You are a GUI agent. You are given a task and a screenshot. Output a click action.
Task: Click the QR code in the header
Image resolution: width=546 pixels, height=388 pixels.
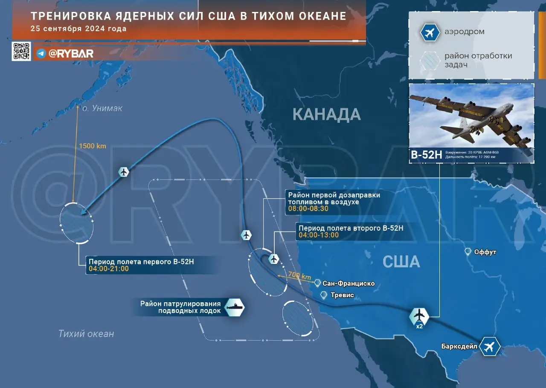(x=21, y=51)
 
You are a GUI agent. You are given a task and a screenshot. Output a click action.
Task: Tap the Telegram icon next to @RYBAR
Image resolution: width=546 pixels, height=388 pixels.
(x=41, y=53)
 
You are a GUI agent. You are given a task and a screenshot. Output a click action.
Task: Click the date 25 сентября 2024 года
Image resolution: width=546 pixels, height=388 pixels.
(x=78, y=29)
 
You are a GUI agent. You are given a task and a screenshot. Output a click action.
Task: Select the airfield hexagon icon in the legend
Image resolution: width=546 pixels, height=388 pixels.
(x=430, y=32)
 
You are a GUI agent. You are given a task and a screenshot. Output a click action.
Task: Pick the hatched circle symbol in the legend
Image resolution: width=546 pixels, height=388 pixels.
(x=430, y=60)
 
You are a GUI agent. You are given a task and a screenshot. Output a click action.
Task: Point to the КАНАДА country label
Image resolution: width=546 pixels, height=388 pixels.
(x=327, y=114)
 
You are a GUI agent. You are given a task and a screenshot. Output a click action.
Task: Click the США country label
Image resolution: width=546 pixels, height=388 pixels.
(x=401, y=261)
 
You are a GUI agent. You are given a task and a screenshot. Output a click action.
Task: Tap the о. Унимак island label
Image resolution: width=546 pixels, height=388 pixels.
(x=102, y=108)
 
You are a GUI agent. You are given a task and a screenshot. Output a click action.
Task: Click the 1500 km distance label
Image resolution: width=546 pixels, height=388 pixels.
(x=92, y=146)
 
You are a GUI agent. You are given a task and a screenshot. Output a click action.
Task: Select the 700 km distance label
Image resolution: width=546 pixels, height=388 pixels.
(x=299, y=276)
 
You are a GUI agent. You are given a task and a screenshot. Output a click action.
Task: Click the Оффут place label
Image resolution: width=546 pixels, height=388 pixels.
(x=485, y=252)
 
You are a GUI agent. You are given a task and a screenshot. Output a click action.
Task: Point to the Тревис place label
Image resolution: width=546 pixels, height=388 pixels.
(x=342, y=295)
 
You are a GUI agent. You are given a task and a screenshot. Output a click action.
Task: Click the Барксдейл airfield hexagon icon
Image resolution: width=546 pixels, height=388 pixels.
(x=489, y=346)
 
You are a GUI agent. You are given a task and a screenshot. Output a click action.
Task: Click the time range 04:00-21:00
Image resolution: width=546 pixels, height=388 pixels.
(x=109, y=269)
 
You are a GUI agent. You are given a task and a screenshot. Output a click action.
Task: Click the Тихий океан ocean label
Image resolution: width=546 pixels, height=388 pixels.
(x=86, y=333)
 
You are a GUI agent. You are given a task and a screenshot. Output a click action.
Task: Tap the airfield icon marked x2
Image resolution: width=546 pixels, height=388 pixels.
(x=420, y=316)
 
